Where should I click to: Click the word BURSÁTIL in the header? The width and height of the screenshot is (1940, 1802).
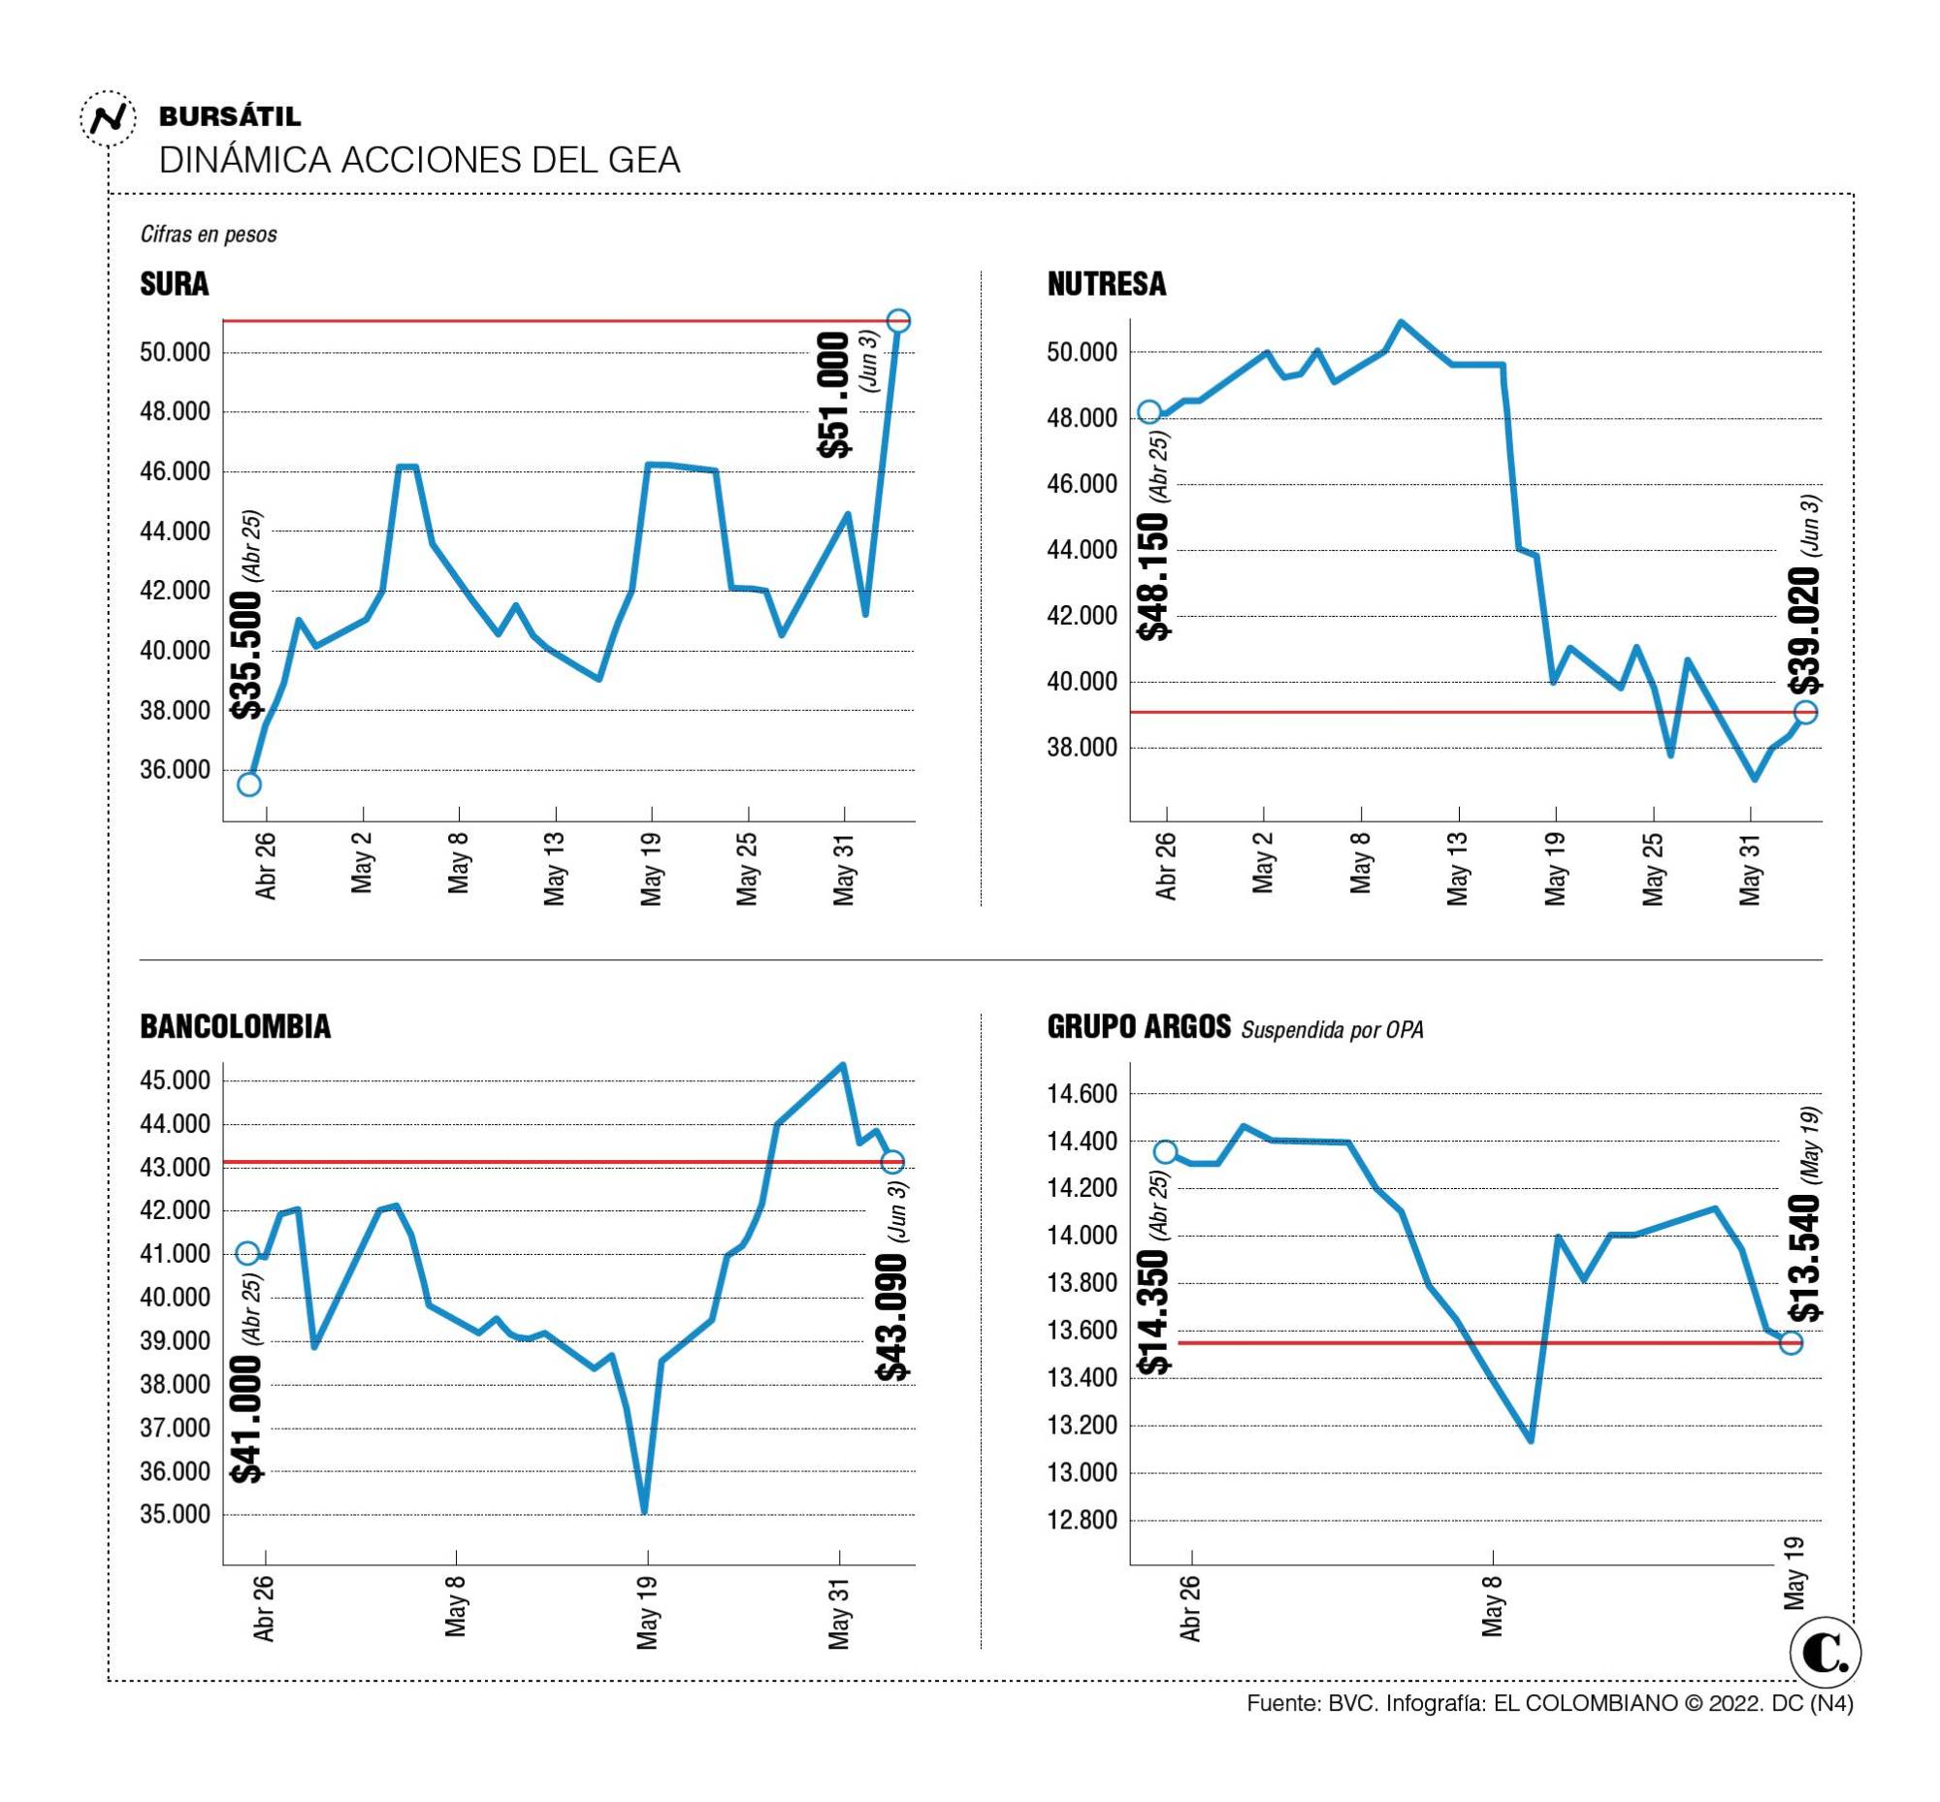[229, 117]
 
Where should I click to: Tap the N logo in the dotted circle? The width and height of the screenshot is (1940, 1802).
[108, 119]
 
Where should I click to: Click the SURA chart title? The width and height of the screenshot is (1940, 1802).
[175, 284]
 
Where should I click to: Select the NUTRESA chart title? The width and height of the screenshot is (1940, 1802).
[1106, 284]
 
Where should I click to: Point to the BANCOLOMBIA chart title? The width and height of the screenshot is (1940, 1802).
[235, 1026]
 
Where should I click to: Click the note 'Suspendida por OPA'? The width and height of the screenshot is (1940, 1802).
[1332, 1030]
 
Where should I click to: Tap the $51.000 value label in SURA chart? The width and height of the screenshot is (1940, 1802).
[835, 395]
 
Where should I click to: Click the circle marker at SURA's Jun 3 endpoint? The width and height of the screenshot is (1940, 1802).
[898, 321]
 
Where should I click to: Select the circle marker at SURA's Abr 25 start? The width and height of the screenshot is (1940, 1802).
[248, 784]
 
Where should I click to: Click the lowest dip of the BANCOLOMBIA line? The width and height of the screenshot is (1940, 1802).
[644, 1510]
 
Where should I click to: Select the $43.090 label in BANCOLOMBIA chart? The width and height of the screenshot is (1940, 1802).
[891, 1316]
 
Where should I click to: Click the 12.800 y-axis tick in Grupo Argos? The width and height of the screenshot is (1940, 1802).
[1082, 1520]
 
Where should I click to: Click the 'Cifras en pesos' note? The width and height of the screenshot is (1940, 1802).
[209, 234]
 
